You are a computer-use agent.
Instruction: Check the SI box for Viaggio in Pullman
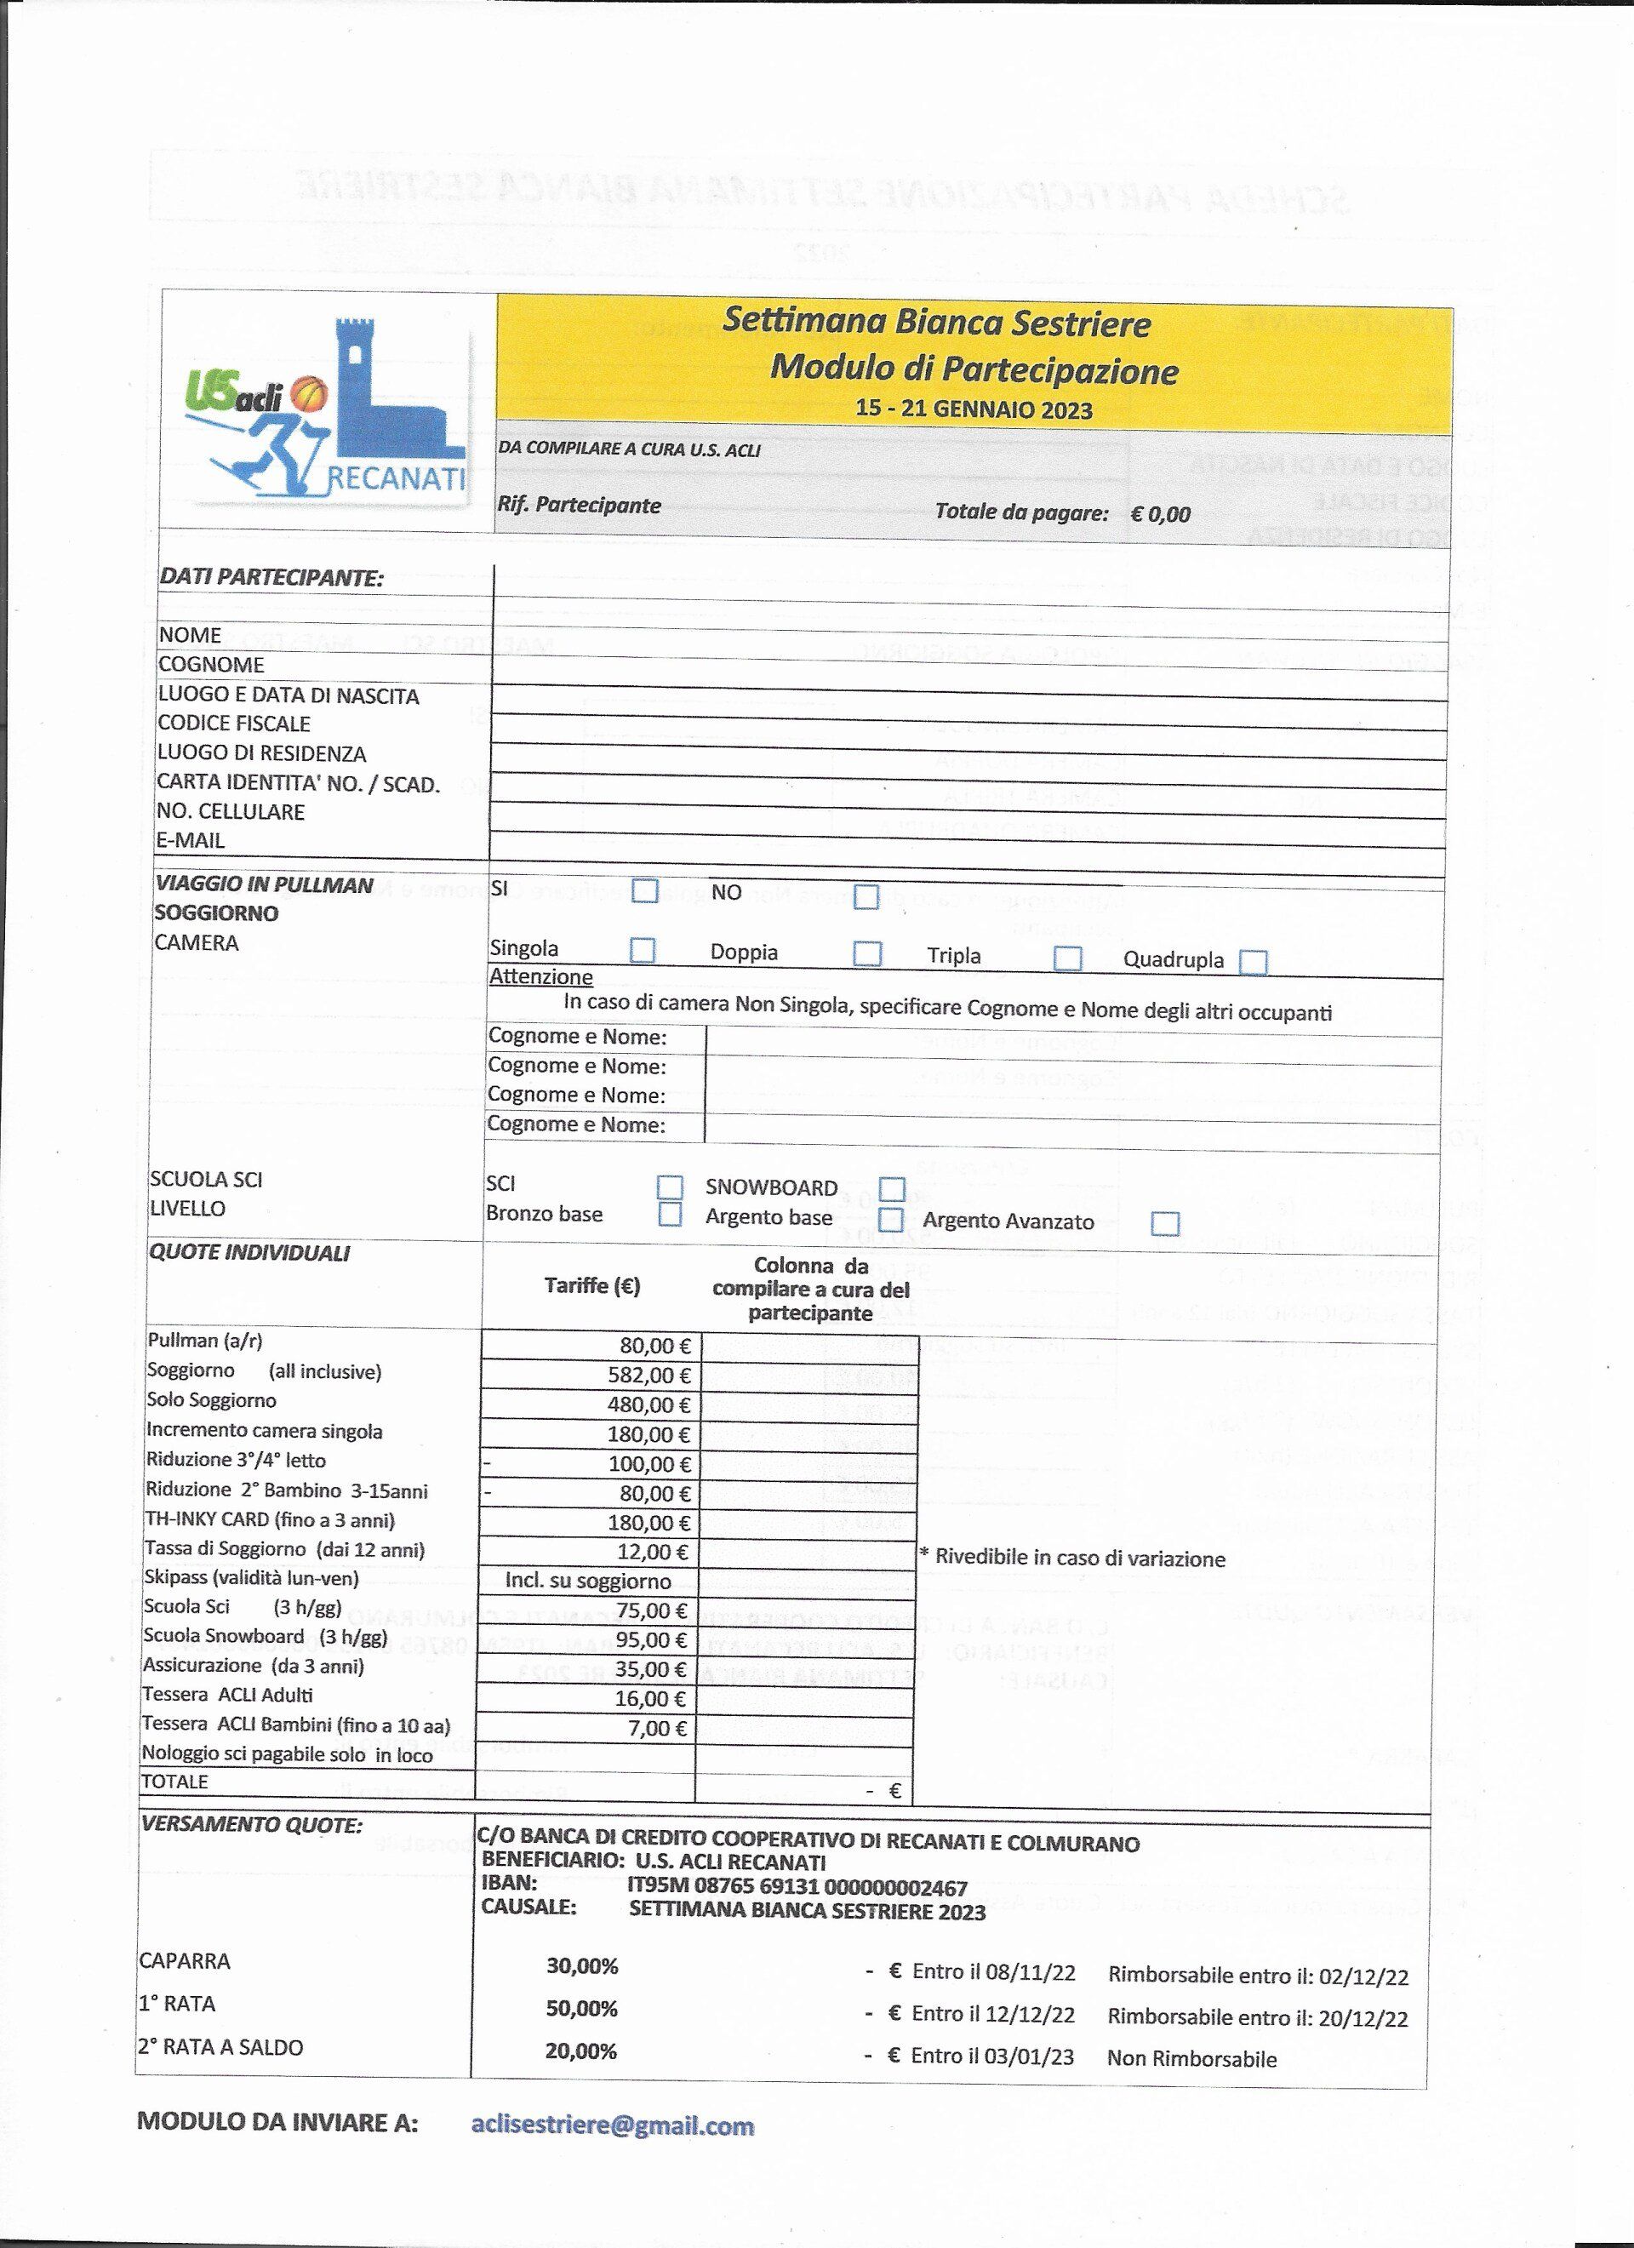[645, 891]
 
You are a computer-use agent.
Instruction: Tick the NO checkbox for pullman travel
[866, 897]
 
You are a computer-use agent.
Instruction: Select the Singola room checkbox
[642, 951]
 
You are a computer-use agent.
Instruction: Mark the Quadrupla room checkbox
[1254, 962]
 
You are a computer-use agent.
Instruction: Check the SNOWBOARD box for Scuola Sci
[893, 1188]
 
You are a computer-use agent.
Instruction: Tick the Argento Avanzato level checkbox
[1165, 1223]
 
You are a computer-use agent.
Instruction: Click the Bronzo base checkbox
[671, 1214]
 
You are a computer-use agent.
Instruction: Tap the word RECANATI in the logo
[397, 481]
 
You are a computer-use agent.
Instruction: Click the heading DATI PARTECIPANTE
[271, 578]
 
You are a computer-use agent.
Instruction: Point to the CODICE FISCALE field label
[234, 724]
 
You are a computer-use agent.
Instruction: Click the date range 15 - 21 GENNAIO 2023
[974, 409]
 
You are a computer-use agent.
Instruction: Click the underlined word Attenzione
[541, 977]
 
